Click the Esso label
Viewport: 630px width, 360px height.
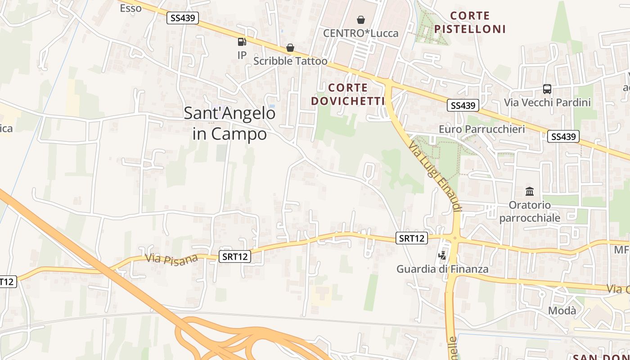click(130, 8)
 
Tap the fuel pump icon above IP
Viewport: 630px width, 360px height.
click(242, 42)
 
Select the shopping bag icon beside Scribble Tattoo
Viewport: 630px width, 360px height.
click(290, 48)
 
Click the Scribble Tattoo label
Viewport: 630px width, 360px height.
click(290, 61)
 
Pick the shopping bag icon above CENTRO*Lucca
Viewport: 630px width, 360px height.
click(360, 20)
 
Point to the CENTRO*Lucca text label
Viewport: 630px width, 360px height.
click(360, 33)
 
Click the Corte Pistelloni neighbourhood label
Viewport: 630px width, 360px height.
click(470, 22)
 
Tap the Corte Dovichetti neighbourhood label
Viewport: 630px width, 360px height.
click(348, 94)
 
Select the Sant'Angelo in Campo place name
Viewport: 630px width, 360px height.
click(229, 123)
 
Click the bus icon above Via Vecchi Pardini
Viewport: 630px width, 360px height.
click(547, 89)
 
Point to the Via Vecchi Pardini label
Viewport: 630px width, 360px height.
click(547, 103)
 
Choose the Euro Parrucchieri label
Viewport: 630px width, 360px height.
click(481, 129)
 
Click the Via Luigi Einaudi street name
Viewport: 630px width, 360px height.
click(435, 176)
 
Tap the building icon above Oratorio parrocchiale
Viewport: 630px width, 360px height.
click(530, 191)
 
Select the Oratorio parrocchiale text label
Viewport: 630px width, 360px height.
click(530, 211)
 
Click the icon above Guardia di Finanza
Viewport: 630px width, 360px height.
click(442, 256)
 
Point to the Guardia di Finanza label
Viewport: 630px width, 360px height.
click(442, 269)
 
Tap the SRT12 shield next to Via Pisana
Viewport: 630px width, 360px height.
click(235, 256)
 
